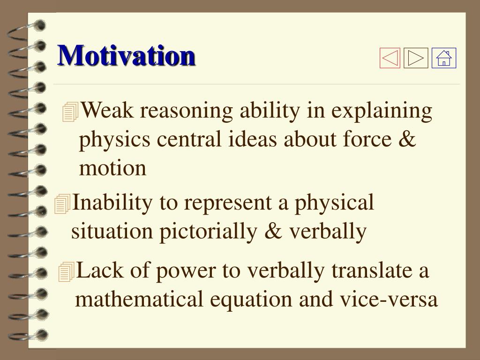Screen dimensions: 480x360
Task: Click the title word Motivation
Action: click(x=126, y=55)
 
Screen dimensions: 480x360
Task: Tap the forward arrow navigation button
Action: click(x=416, y=58)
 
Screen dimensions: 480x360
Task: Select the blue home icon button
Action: click(x=444, y=58)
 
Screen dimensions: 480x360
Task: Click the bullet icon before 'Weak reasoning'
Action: click(x=70, y=112)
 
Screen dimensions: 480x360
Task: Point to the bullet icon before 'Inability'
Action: click(x=62, y=203)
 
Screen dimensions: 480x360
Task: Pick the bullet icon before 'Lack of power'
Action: click(x=67, y=271)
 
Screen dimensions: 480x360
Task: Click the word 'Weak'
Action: click(x=107, y=110)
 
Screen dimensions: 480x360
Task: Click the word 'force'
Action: click(x=367, y=139)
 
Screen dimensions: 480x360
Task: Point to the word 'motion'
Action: click(x=112, y=168)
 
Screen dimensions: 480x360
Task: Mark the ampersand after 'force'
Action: click(x=407, y=139)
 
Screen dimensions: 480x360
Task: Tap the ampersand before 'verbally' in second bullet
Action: click(x=273, y=231)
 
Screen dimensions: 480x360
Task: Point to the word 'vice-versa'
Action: click(x=389, y=299)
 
